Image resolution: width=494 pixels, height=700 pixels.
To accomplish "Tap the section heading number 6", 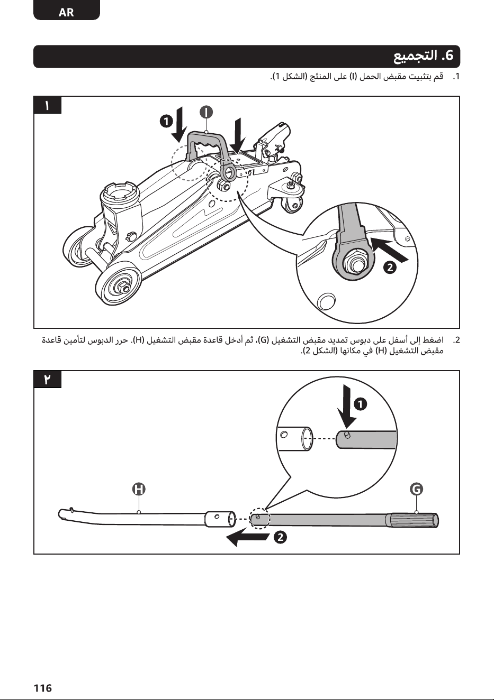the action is pyautogui.click(x=447, y=56).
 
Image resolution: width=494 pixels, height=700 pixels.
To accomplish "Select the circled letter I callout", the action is pyautogui.click(x=206, y=112).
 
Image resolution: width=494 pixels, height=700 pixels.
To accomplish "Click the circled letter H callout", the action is pyautogui.click(x=139, y=489).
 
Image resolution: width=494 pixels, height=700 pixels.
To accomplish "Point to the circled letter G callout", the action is pyautogui.click(x=416, y=489).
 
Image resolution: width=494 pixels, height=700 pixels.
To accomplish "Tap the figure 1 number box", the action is pyautogui.click(x=47, y=105).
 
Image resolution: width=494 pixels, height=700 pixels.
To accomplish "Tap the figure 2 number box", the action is pyautogui.click(x=47, y=380).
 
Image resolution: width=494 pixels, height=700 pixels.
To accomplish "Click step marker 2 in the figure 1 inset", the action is pyautogui.click(x=390, y=268).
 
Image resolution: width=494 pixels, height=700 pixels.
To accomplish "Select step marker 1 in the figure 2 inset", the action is pyautogui.click(x=361, y=404).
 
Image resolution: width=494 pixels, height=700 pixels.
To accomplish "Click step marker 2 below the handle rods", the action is pyautogui.click(x=281, y=538).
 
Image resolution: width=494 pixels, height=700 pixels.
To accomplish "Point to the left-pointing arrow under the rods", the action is pyautogui.click(x=247, y=538).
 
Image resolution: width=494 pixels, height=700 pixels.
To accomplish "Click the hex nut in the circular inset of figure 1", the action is pyautogui.click(x=355, y=260).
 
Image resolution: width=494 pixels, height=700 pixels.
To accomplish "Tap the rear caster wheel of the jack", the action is pyautogui.click(x=293, y=205).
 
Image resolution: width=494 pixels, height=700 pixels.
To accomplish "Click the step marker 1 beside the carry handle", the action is pyautogui.click(x=166, y=121).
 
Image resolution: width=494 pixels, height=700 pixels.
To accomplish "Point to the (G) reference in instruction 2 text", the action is pyautogui.click(x=264, y=340).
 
